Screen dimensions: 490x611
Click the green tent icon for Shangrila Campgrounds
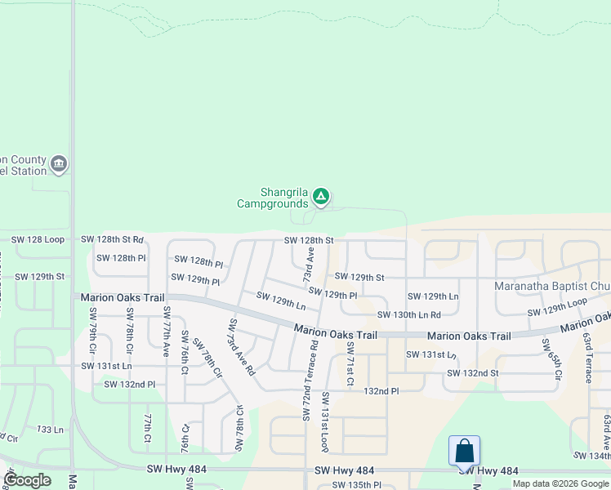click(322, 196)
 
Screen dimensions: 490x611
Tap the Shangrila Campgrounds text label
click(272, 198)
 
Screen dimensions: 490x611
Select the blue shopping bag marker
click(464, 451)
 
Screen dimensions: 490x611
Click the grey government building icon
click(59, 165)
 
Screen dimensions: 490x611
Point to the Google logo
click(28, 480)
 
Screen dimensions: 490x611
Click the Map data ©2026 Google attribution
click(560, 483)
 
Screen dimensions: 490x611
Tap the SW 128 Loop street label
click(38, 240)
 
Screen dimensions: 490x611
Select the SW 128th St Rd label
click(112, 240)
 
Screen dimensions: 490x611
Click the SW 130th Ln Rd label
click(408, 314)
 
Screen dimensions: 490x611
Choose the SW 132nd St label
click(472, 373)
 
